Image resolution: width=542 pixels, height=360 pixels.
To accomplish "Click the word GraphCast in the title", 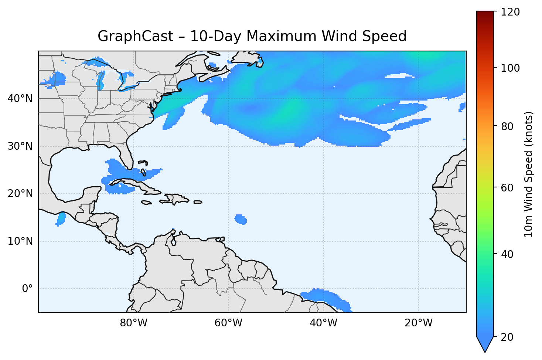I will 135,37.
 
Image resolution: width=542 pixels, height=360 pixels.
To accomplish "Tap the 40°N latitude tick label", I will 20,99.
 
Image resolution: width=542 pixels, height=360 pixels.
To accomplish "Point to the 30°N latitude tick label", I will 20,146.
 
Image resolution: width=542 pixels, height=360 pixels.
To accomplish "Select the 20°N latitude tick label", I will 20,194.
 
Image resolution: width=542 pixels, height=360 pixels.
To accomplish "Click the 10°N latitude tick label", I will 20,241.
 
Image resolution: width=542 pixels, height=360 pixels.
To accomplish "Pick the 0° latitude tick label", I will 27,289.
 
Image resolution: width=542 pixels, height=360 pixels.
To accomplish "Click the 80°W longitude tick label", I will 133,323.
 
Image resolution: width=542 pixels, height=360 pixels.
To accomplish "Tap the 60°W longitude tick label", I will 228,323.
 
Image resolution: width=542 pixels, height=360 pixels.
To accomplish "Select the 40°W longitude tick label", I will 323,323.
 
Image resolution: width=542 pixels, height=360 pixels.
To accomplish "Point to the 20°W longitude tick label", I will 419,323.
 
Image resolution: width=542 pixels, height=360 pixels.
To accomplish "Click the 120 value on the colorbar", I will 511,12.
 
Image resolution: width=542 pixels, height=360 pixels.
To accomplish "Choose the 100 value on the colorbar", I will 511,68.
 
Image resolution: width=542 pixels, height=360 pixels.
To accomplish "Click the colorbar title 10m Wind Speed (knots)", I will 529,174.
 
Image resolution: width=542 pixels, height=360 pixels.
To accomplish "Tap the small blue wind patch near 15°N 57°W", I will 241,219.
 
